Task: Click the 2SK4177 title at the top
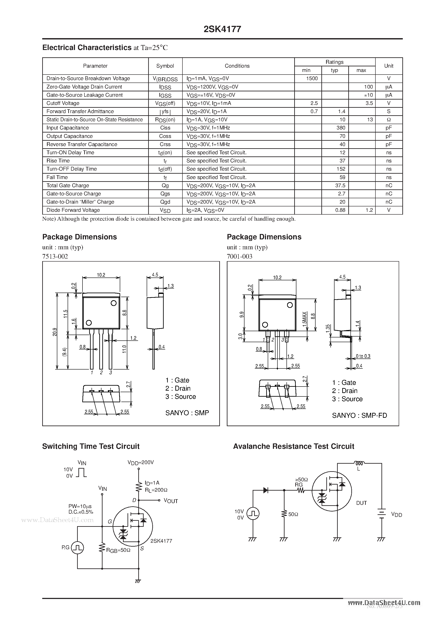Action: pyautogui.click(x=222, y=29)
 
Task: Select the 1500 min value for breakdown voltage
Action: pyautogui.click(x=312, y=78)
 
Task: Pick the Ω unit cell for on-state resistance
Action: pyautogui.click(x=389, y=120)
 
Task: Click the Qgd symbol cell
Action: pyautogui.click(x=165, y=202)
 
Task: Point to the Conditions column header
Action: pyautogui.click(x=237, y=66)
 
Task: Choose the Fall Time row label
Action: pyautogui.click(x=57, y=177)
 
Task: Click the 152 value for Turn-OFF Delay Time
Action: pyautogui.click(x=341, y=169)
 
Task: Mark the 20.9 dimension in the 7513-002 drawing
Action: pyautogui.click(x=54, y=332)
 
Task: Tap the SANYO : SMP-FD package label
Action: pyautogui.click(x=359, y=415)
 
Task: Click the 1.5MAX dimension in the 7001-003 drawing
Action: pyautogui.click(x=305, y=319)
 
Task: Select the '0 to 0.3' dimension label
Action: pyautogui.click(x=363, y=356)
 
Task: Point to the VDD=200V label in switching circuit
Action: pyautogui.click(x=140, y=462)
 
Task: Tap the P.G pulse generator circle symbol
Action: pyautogui.click(x=77, y=548)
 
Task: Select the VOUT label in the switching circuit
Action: pyautogui.click(x=171, y=501)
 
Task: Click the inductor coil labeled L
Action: pyautogui.click(x=359, y=463)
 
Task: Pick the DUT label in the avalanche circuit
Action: pyautogui.click(x=361, y=503)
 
